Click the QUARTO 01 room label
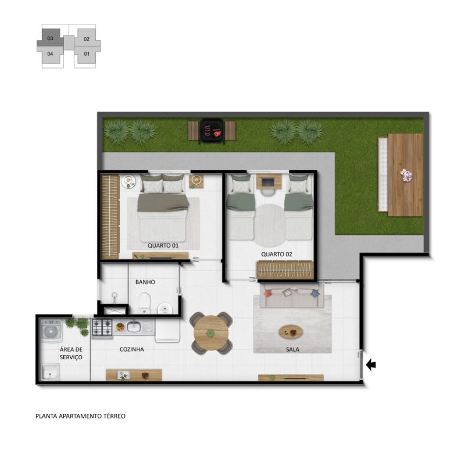click(x=163, y=245)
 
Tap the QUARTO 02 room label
click(x=277, y=255)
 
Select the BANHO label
click(x=145, y=282)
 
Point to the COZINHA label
click(x=132, y=349)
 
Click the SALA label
click(x=292, y=350)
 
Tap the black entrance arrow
click(x=371, y=364)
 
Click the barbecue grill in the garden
click(x=212, y=131)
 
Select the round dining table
click(x=211, y=333)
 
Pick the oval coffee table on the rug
click(x=291, y=332)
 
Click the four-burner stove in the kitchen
click(x=102, y=328)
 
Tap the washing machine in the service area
click(x=52, y=331)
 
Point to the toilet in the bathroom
click(x=144, y=303)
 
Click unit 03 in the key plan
click(x=50, y=38)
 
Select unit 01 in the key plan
click(x=87, y=54)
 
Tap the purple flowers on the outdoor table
click(x=406, y=175)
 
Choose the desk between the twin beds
click(x=269, y=181)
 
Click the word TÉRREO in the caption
click(x=114, y=416)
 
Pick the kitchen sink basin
click(x=134, y=327)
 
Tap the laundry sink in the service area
click(x=51, y=372)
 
